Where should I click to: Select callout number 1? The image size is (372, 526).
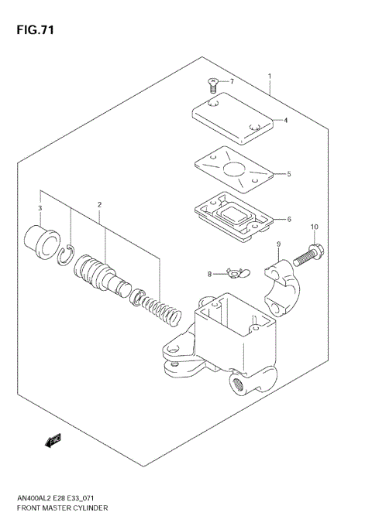pos(269,76)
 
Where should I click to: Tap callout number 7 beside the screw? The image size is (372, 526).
pos(231,81)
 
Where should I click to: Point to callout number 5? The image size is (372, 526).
pos(289,174)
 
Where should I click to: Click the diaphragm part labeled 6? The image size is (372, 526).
pos(231,216)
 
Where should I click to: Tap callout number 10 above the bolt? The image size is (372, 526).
pos(314,227)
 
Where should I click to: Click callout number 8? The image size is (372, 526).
pos(209,273)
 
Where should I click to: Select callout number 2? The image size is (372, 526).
pos(99,205)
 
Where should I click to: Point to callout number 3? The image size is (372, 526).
pos(40,208)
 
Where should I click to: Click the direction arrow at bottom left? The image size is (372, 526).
pos(53,442)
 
